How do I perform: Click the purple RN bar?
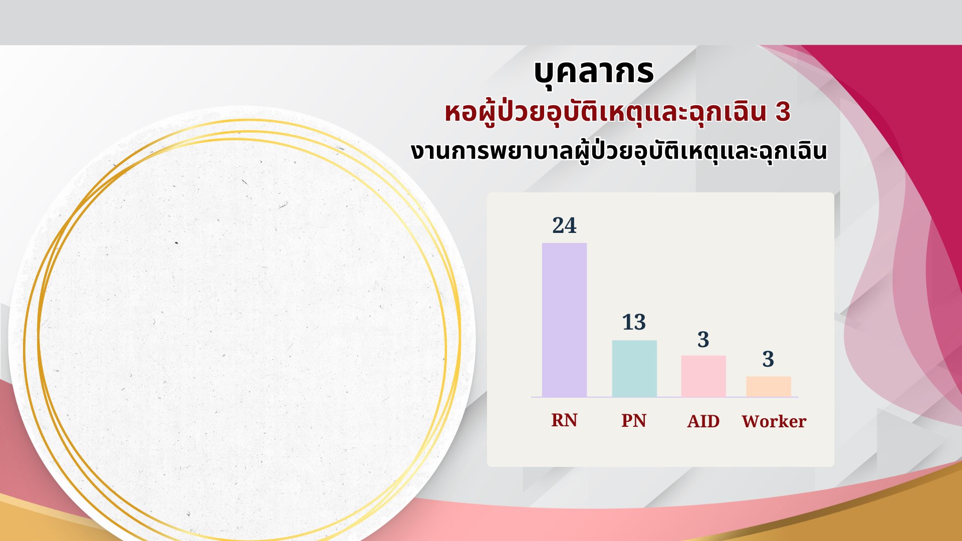click(564, 320)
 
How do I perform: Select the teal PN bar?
click(634, 369)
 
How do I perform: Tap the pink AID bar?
click(703, 376)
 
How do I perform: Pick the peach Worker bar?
click(769, 387)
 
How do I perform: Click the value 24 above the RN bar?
click(564, 225)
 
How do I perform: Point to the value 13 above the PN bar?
click(634, 322)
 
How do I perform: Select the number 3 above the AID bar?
click(703, 340)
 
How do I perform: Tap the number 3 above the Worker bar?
click(768, 359)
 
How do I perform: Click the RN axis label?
click(564, 420)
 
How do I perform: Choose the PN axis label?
click(634, 420)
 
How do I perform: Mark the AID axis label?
click(703, 421)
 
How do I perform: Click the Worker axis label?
click(774, 421)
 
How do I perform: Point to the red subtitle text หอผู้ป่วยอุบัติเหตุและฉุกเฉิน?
click(606, 113)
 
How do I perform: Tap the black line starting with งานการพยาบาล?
click(619, 151)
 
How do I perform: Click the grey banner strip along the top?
click(481, 23)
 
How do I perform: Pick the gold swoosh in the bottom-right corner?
click(852, 511)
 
